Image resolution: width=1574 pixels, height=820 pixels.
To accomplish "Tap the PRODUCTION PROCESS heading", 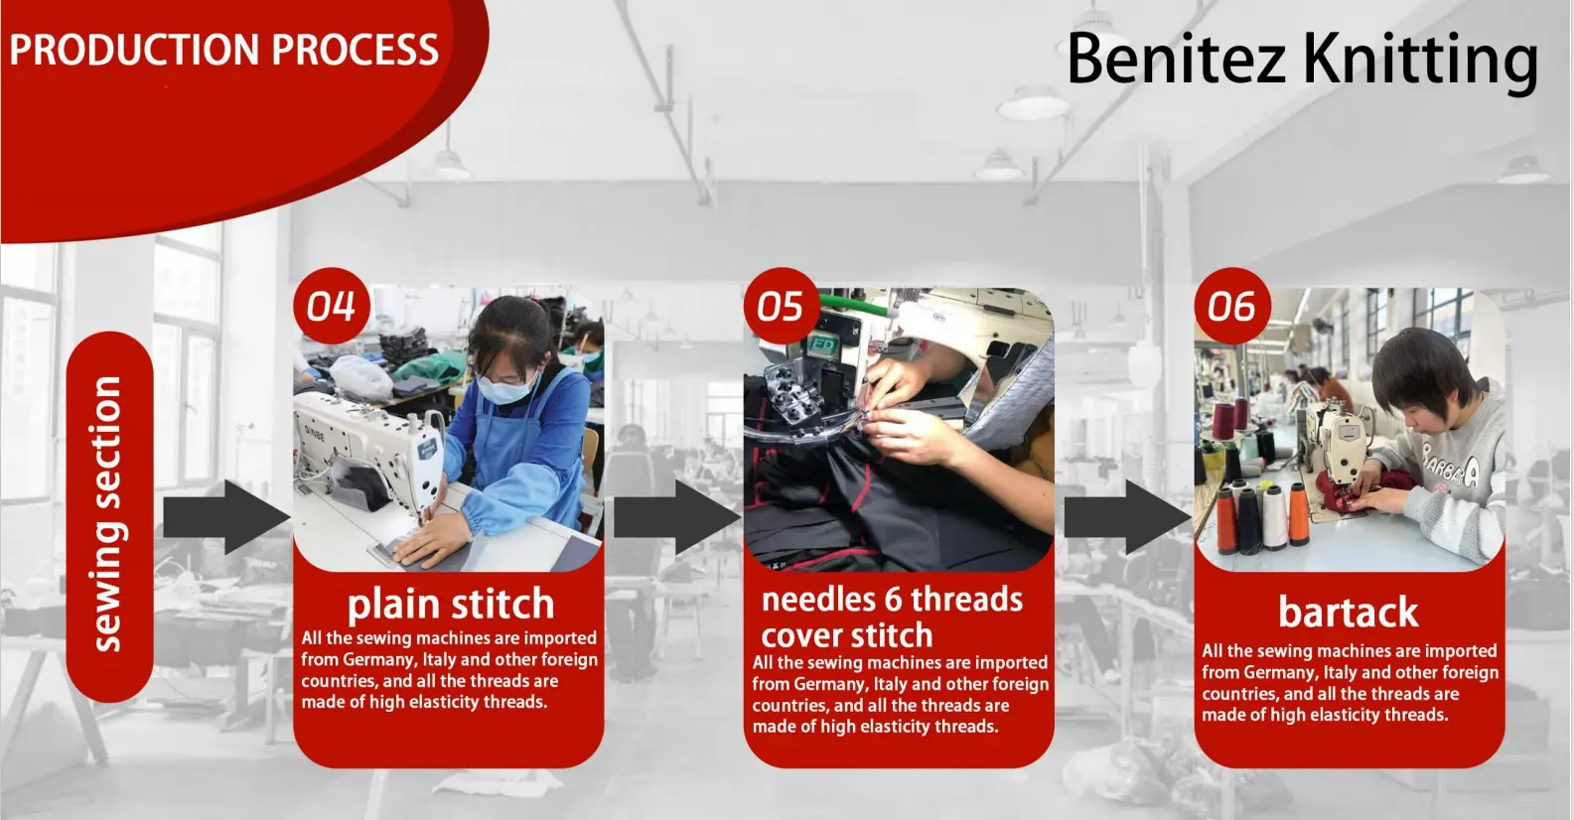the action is [x=224, y=51].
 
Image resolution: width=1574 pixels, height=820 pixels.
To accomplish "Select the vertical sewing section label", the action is [x=109, y=514].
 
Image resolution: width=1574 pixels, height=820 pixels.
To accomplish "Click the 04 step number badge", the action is [x=331, y=307].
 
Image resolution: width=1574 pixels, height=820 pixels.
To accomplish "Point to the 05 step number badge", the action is [x=782, y=307].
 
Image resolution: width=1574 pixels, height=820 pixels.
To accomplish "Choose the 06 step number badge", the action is [x=1231, y=307].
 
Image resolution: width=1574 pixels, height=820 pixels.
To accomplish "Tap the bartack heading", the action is [x=1349, y=612].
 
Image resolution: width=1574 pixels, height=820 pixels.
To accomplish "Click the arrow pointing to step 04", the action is [x=227, y=518].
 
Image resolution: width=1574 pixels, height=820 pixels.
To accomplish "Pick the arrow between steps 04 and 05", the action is [x=677, y=518].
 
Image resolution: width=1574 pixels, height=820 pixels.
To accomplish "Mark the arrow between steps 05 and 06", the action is [x=1128, y=518].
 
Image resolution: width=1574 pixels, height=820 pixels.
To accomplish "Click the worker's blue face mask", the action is [x=505, y=386].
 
